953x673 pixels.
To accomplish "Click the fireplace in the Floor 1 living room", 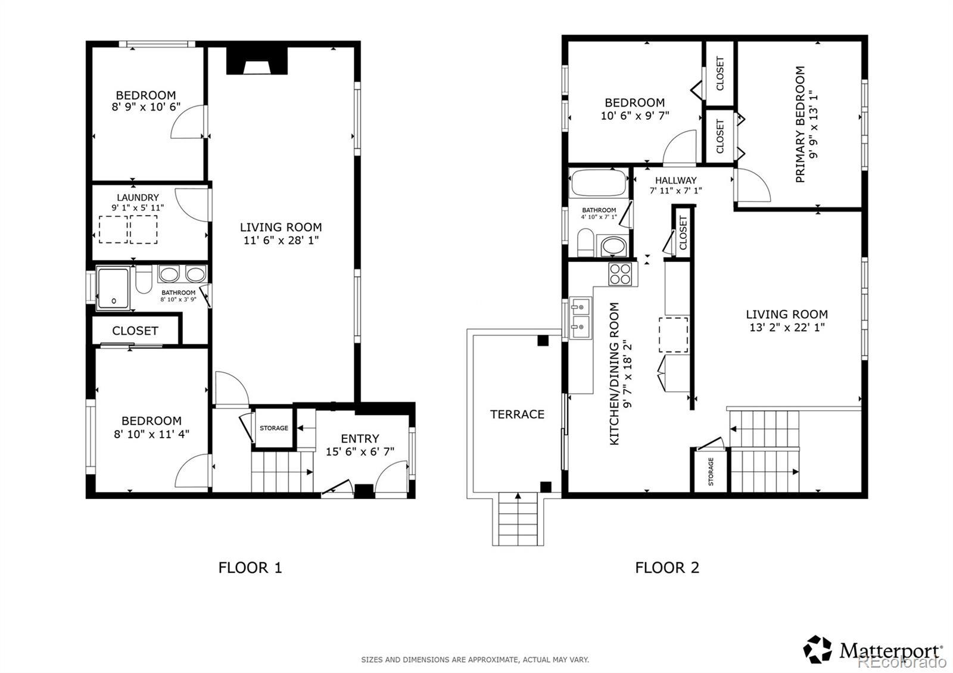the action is pos(257,61).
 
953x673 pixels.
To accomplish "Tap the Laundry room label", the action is pos(138,197).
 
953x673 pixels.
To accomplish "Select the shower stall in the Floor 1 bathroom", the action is pos(113,288).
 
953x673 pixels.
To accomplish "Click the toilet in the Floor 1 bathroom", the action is pos(144,279).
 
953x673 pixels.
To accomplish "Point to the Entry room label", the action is pos(360,438).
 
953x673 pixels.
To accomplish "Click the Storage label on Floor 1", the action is pos(274,428).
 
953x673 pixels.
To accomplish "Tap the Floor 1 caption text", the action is pos(250,568).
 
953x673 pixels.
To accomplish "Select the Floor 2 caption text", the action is pos(667,568).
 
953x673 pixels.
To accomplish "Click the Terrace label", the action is pos(517,415).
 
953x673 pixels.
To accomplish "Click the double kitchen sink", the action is pos(580,318).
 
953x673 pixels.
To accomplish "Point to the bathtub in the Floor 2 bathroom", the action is pos(599,182).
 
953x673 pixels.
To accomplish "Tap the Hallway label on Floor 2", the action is pos(675,180).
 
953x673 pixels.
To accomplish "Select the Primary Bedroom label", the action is pos(801,124).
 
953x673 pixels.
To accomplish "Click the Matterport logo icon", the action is pos(817,650).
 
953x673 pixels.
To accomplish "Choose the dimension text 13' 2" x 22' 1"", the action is pos(787,327).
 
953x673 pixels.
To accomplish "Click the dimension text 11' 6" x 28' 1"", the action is pos(281,240).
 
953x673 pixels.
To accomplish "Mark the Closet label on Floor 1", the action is pos(135,331).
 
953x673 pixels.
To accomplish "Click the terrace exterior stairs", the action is pos(518,519).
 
